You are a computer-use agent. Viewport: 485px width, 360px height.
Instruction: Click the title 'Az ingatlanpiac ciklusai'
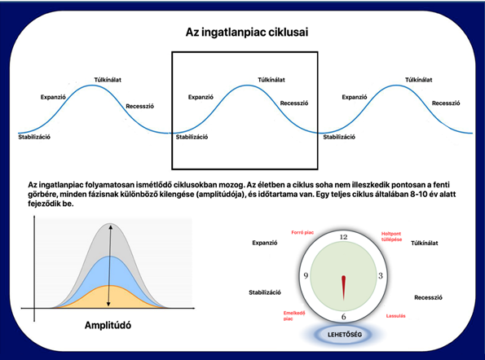(x=247, y=33)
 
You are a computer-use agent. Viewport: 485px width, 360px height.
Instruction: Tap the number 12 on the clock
(x=343, y=237)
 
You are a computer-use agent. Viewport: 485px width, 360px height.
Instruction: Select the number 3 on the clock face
(x=381, y=275)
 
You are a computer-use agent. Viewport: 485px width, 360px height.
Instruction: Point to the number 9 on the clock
(x=306, y=275)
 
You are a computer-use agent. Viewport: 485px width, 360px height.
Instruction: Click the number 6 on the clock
(x=344, y=317)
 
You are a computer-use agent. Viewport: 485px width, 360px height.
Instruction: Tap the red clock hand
(x=343, y=288)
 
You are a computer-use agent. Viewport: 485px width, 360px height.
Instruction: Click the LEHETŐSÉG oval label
(x=345, y=335)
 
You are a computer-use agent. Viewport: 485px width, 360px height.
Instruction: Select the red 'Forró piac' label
(x=302, y=232)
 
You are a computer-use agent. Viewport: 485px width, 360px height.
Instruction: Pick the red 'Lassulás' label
(x=395, y=316)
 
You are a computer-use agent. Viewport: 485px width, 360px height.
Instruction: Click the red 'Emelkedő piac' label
(x=294, y=315)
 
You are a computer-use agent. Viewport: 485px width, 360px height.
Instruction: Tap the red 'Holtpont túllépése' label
(x=391, y=236)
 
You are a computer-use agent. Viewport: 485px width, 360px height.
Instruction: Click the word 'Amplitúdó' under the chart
(x=108, y=325)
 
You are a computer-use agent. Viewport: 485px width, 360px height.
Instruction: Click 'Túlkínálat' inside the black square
(x=271, y=80)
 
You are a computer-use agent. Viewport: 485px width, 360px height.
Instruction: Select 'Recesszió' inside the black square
(x=293, y=103)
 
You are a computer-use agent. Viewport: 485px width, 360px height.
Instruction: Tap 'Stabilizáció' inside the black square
(x=192, y=137)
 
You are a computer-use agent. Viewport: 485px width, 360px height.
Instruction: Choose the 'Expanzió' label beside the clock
(x=265, y=243)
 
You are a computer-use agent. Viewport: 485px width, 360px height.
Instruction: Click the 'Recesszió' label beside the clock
(x=428, y=297)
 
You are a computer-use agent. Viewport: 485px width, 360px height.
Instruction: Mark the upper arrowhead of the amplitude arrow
(x=111, y=227)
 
